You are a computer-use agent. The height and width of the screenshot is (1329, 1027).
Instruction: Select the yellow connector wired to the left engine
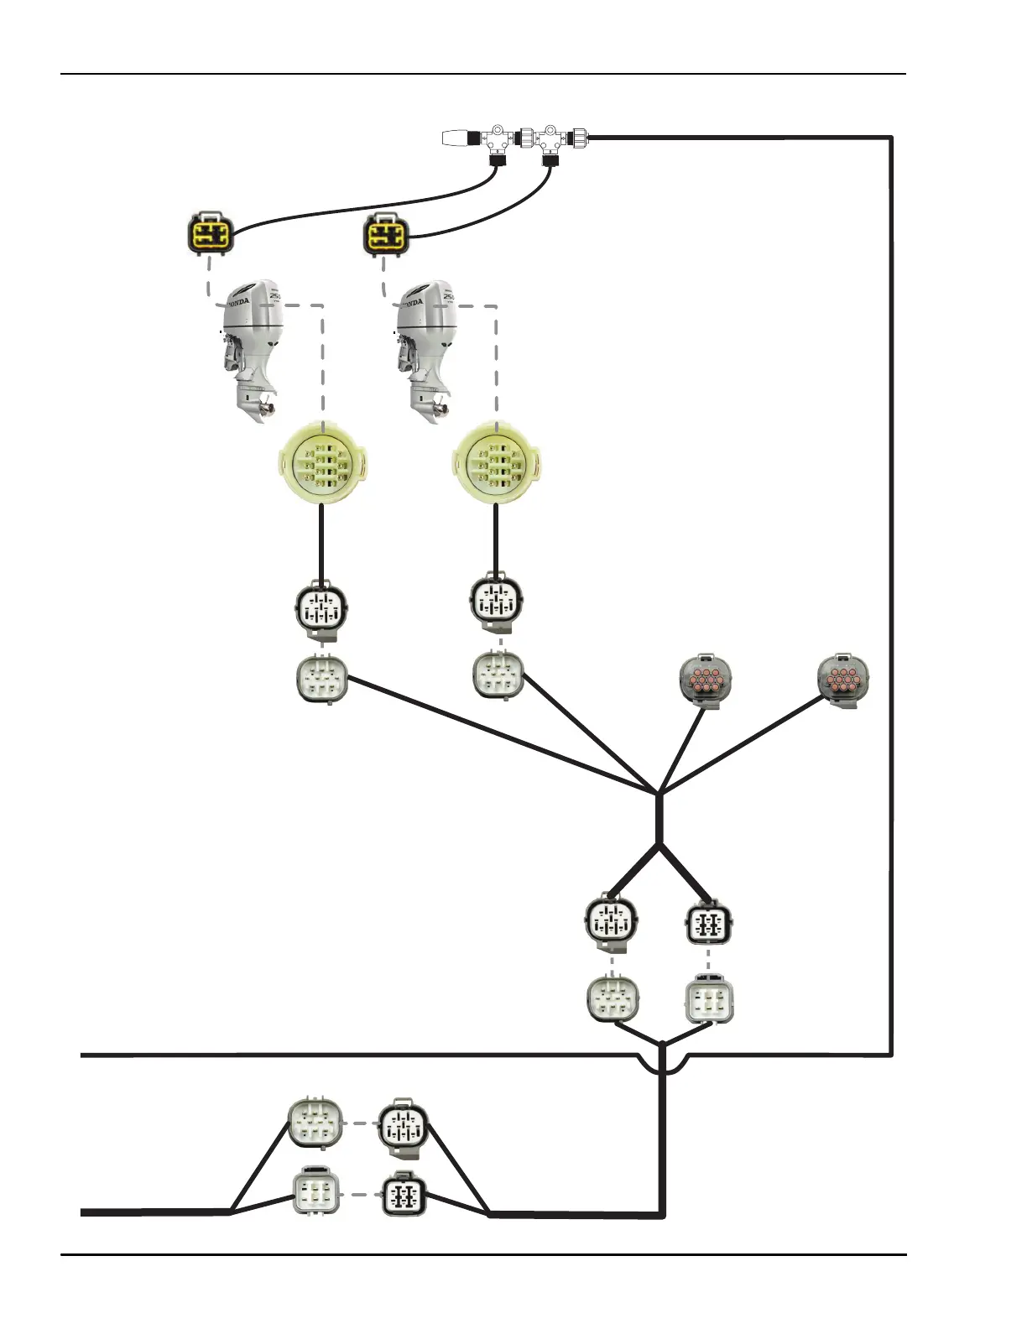tap(209, 234)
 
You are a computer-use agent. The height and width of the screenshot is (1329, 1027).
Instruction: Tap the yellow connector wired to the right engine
tap(385, 234)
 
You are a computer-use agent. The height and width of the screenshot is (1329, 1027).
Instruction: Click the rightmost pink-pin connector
tap(843, 680)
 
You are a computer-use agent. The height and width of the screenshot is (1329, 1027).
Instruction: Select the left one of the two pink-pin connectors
tap(705, 680)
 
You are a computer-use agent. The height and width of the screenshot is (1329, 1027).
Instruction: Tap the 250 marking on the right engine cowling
tap(449, 296)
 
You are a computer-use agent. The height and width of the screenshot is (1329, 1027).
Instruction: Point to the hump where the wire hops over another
tap(663, 1064)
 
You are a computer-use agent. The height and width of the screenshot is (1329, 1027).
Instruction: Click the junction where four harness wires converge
tap(659, 792)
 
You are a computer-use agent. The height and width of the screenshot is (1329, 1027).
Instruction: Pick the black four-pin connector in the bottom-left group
tap(404, 1196)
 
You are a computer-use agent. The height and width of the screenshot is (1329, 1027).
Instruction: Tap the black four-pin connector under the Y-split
tap(709, 925)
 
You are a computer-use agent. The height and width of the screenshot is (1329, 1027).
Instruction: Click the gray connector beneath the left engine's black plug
tap(322, 679)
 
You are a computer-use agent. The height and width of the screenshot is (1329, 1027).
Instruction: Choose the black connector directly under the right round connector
tap(496, 602)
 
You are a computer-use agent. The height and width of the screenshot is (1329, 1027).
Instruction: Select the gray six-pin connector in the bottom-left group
tap(315, 1123)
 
